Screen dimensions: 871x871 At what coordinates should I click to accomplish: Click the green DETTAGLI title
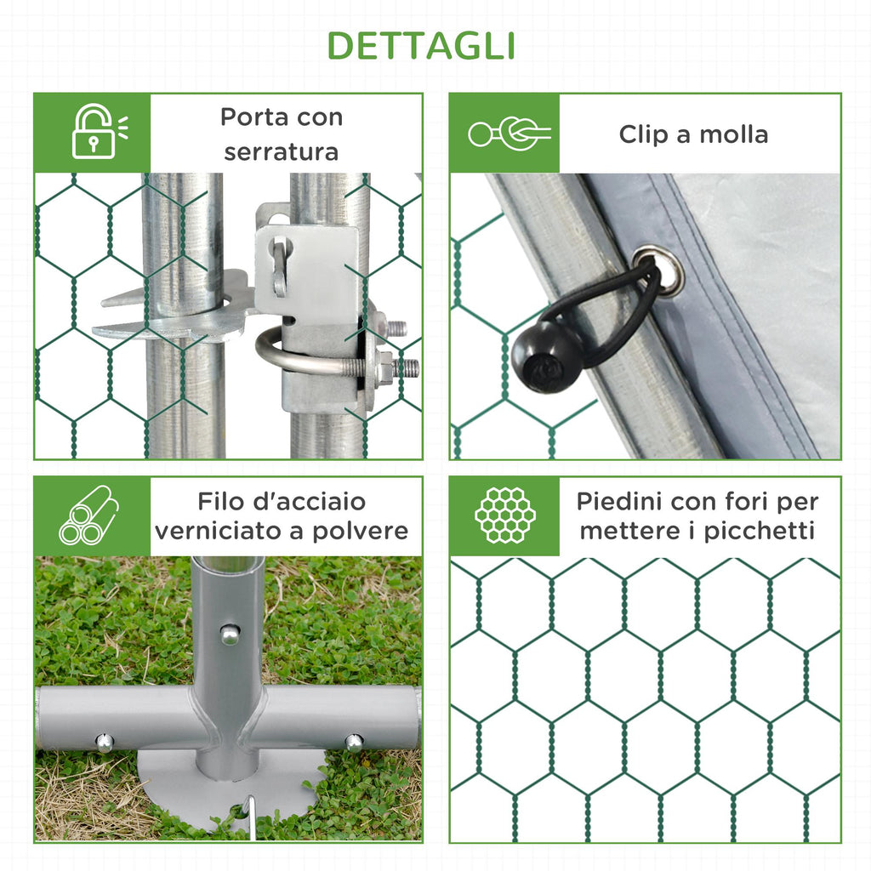[421, 46]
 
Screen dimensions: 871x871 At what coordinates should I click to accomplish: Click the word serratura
[281, 152]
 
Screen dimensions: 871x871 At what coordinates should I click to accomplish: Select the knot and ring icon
[510, 134]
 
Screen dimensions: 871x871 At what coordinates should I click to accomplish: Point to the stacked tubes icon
[88, 515]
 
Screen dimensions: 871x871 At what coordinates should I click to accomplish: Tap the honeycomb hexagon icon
[505, 515]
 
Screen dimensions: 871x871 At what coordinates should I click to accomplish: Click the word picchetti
[760, 532]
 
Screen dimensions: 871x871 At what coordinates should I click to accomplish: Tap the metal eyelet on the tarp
[660, 270]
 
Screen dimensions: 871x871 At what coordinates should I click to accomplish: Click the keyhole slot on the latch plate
[281, 266]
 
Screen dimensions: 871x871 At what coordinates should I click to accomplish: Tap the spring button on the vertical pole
[231, 635]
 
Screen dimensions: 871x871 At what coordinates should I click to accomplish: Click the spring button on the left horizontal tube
[105, 742]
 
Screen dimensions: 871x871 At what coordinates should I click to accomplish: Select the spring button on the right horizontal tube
[354, 742]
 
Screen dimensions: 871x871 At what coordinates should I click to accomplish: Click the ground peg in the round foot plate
[251, 814]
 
